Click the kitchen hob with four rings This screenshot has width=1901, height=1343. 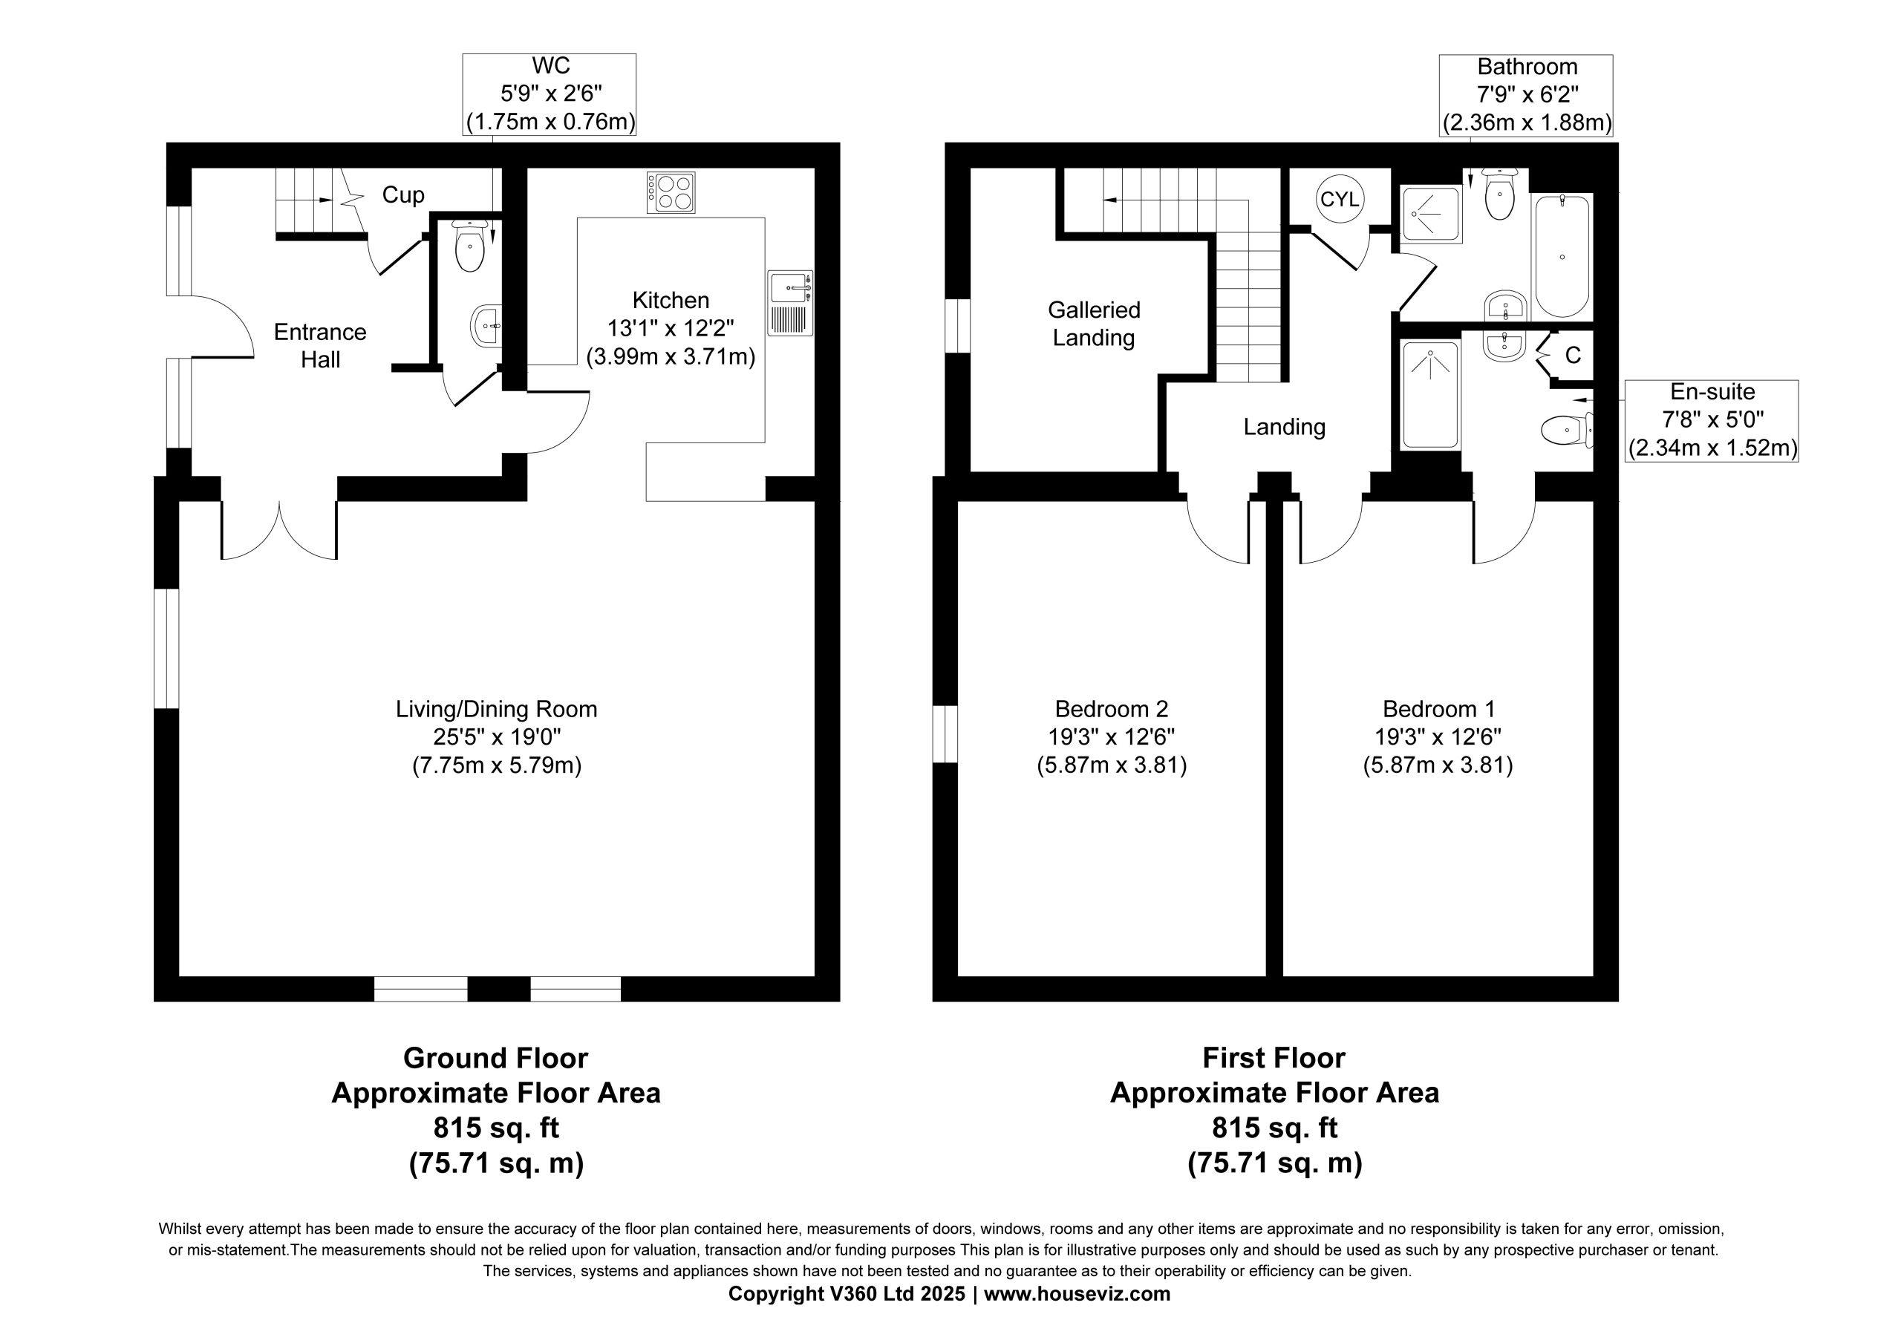(x=671, y=192)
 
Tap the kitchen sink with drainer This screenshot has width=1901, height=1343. (x=791, y=303)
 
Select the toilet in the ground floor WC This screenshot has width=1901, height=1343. (x=470, y=245)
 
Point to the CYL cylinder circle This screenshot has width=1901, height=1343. (x=1340, y=200)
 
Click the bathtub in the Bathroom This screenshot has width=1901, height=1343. (x=1562, y=256)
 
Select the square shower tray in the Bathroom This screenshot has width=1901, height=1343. (x=1431, y=215)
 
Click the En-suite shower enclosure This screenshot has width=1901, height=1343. (x=1430, y=396)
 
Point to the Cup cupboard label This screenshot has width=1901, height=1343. (x=403, y=195)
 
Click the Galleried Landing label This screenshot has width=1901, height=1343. (x=1094, y=324)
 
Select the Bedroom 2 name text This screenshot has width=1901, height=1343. (x=1111, y=709)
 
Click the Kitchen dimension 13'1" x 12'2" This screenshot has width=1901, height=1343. (x=671, y=329)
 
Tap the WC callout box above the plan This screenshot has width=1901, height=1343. (x=550, y=94)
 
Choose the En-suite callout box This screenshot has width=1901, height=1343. (x=1712, y=421)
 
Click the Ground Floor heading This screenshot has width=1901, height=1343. (x=495, y=1058)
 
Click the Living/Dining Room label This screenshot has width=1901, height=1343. (x=496, y=709)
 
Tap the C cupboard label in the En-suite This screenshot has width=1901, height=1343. (x=1573, y=355)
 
